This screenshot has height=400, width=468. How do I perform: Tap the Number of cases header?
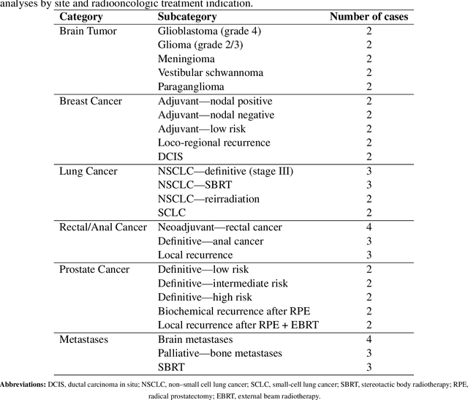[369, 17]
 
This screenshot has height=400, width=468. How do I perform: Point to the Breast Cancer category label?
[91, 101]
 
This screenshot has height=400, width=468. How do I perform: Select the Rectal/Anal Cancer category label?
[103, 227]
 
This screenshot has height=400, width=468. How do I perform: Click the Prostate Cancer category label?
[94, 269]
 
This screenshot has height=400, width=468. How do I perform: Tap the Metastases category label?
[85, 339]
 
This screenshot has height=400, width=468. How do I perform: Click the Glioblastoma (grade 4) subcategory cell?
[209, 31]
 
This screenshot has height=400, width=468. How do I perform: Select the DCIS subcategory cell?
[171, 157]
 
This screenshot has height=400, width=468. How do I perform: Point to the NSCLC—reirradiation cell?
[208, 199]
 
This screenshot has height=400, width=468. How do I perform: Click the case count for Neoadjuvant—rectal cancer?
[369, 227]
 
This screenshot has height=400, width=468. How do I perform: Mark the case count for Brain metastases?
[369, 339]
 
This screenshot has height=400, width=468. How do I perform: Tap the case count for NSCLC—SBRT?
[369, 185]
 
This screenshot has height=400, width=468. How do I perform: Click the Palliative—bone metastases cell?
[216, 353]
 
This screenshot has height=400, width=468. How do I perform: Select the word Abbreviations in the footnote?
[23, 384]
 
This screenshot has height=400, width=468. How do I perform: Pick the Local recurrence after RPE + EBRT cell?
[238, 325]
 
